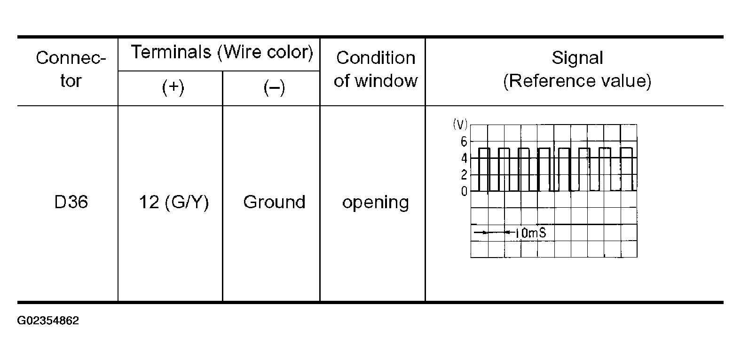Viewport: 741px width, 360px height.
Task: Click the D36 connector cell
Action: pos(71,203)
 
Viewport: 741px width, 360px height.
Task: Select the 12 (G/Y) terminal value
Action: pos(173,203)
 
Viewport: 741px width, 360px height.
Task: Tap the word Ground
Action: pos(274,203)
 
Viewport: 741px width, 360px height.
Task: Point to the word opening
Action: pos(375,203)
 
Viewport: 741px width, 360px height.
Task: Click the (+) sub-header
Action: pos(173,88)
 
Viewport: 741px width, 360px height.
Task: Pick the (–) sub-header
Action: pos(274,88)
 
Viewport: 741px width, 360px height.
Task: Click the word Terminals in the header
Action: pos(171,52)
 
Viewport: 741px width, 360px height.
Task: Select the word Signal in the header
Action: pos(577,58)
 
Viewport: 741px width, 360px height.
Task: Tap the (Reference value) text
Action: pos(577,81)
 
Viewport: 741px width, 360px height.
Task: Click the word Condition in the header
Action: pos(376,58)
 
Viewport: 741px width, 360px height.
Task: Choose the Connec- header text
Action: pos(71,58)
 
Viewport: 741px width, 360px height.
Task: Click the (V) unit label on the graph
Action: pos(460,125)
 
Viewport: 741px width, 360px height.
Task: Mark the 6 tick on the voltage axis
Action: pos(464,141)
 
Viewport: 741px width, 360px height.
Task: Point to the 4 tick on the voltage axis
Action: pos(464,158)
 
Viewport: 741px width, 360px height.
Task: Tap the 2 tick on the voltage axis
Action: pos(464,175)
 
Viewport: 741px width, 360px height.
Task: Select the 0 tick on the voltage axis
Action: pos(464,192)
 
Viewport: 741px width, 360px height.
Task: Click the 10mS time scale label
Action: pos(530,233)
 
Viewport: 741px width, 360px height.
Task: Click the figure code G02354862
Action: pos(48,321)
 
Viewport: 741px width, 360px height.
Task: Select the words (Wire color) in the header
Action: pos(265,52)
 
